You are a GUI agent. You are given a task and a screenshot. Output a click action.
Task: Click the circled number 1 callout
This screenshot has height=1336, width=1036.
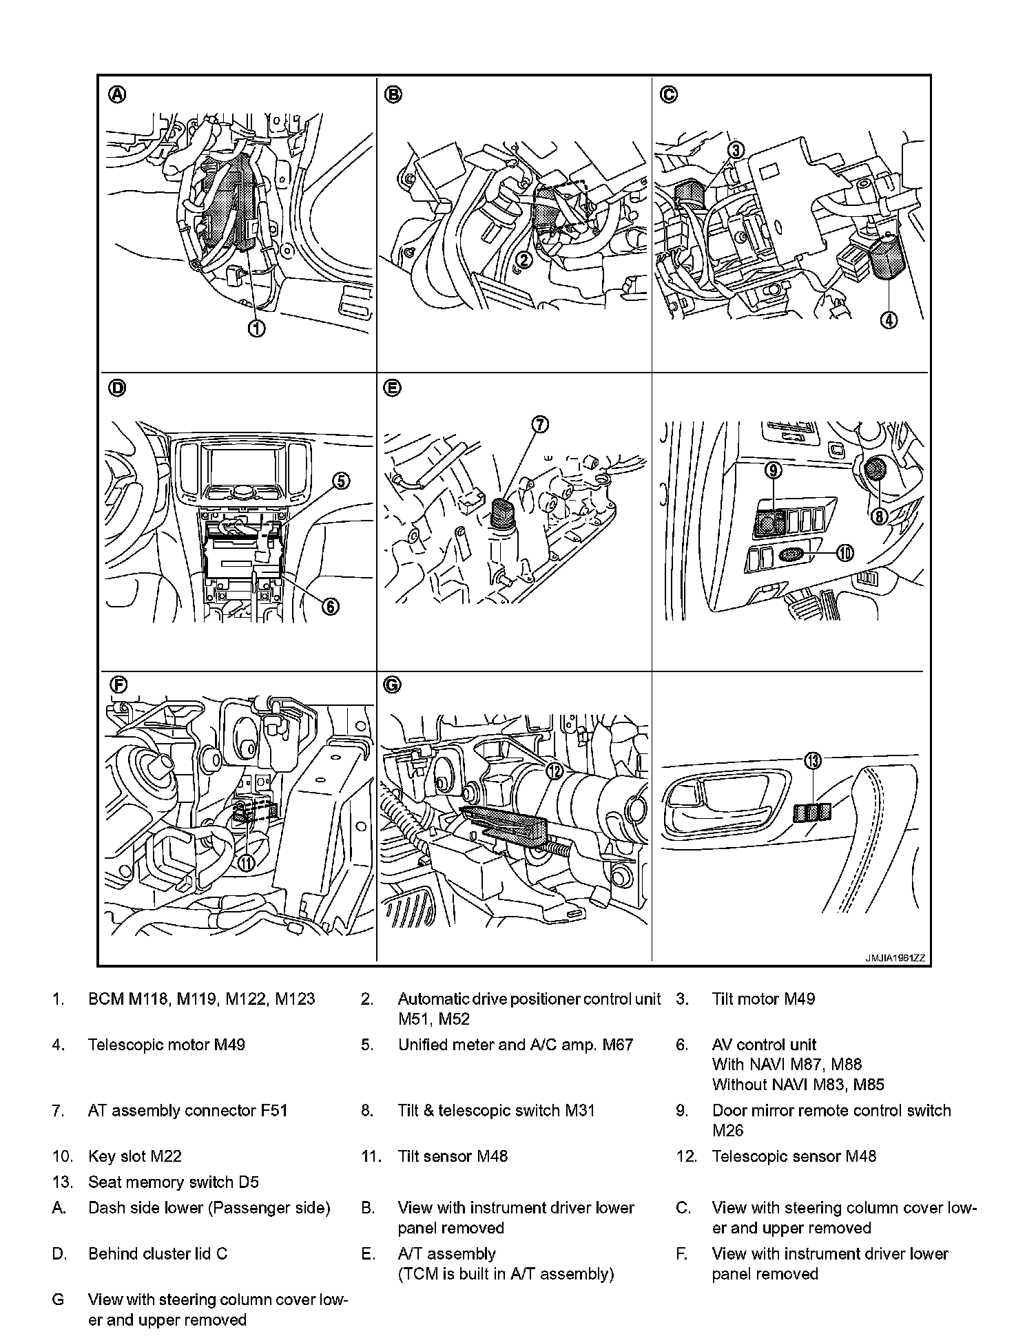pyautogui.click(x=256, y=329)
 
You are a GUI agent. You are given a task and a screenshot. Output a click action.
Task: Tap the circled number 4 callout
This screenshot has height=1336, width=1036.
pyautogui.click(x=889, y=320)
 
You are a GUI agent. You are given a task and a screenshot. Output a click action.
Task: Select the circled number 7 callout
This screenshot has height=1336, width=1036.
pyautogui.click(x=539, y=425)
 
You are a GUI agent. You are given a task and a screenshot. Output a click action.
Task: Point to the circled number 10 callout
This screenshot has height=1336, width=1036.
pyautogui.click(x=845, y=552)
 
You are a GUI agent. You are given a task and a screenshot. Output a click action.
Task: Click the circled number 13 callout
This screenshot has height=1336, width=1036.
pyautogui.click(x=814, y=761)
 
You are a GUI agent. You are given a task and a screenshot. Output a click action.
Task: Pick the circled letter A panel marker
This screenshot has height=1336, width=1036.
pyautogui.click(x=118, y=95)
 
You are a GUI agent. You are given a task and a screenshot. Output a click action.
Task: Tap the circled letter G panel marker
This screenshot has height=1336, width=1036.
pyautogui.click(x=392, y=685)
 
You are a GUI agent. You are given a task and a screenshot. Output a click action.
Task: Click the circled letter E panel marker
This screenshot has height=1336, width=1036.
pyautogui.click(x=392, y=388)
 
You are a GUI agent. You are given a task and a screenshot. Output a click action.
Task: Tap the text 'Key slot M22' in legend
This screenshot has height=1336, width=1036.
pyautogui.click(x=135, y=1156)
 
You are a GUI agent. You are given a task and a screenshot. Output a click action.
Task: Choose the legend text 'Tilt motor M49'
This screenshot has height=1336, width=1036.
pyautogui.click(x=763, y=999)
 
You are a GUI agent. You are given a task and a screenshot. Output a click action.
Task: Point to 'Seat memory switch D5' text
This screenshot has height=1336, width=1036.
pyautogui.click(x=174, y=1182)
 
